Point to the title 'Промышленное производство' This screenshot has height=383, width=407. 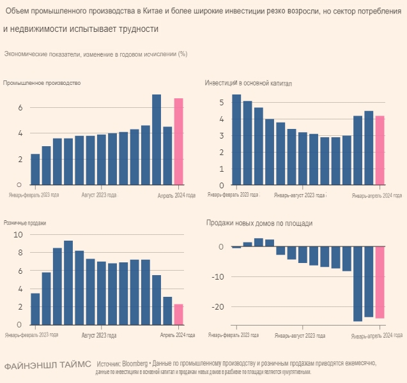click(x=42, y=83)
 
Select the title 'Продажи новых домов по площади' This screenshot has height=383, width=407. click(x=259, y=223)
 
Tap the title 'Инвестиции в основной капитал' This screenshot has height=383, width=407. click(x=249, y=83)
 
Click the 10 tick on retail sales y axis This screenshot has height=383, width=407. click(x=18, y=234)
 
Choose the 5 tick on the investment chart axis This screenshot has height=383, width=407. click(x=221, y=102)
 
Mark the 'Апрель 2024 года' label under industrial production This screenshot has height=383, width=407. click(x=176, y=195)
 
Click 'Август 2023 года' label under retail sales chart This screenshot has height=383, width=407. click(x=99, y=334)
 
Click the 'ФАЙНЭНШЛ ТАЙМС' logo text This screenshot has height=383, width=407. click(x=48, y=366)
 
